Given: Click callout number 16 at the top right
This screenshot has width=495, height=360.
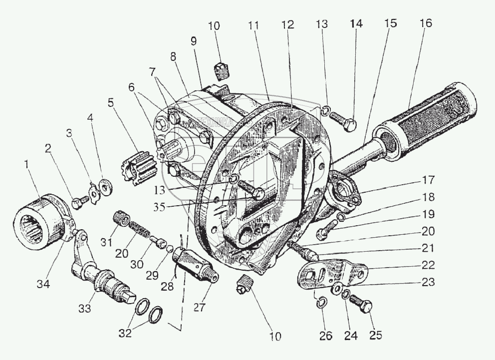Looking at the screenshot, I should [426, 23].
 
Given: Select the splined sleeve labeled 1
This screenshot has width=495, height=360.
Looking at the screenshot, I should [41, 220].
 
